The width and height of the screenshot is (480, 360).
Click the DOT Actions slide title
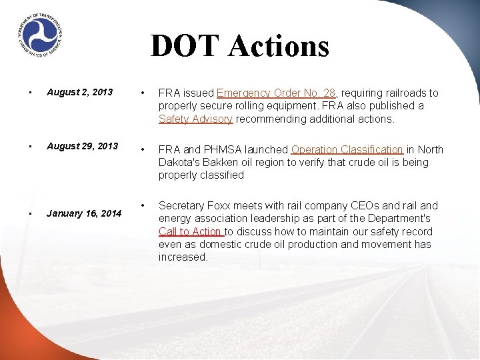[x=240, y=46]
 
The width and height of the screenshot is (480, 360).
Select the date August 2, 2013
[x=79, y=92]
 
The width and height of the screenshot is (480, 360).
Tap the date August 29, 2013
[x=82, y=146]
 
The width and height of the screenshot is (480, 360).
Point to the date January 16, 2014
[x=84, y=213]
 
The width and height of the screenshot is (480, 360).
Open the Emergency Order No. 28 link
[x=276, y=93]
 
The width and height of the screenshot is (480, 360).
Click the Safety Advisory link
[x=195, y=119]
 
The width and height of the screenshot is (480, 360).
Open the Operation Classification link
[x=347, y=150]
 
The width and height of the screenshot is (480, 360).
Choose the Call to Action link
[x=191, y=231]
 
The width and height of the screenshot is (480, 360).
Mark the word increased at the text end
[x=183, y=257]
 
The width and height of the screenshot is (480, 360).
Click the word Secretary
[x=181, y=206]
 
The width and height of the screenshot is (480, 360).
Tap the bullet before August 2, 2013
[x=22, y=92]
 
